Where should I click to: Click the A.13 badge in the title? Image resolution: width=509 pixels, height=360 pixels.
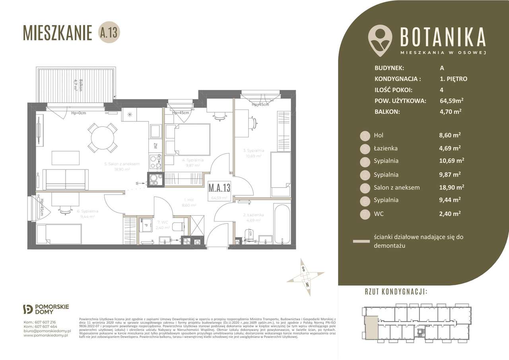[x=109, y=33]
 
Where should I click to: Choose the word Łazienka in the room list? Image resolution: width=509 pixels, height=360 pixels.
[x=386, y=148]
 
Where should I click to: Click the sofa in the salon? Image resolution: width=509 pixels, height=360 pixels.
[x=66, y=179]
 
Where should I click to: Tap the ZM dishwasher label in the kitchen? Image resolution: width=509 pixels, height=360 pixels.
[x=155, y=146]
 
